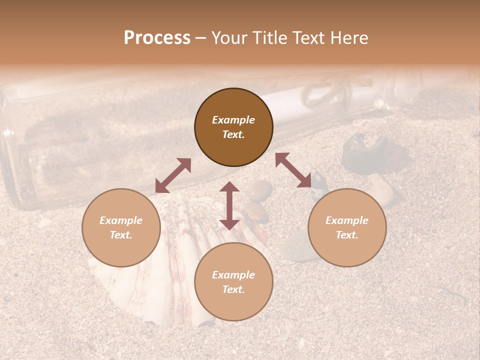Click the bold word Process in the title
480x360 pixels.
[157, 38]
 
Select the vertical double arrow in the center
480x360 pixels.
[229, 205]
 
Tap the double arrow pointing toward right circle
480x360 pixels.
[293, 170]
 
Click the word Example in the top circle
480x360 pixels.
[233, 120]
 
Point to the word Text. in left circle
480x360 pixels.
[121, 235]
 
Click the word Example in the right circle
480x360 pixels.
[347, 220]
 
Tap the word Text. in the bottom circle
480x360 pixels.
[233, 289]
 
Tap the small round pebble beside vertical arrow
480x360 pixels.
[260, 190]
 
